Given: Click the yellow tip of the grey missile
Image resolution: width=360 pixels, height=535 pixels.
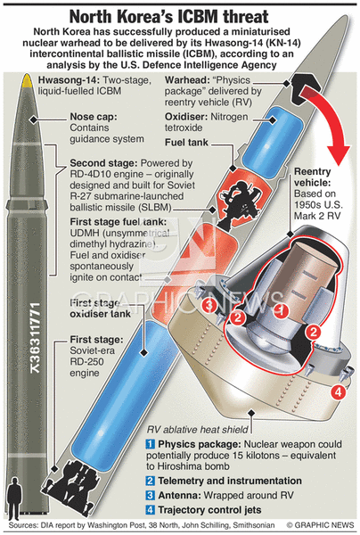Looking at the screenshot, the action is (27, 80).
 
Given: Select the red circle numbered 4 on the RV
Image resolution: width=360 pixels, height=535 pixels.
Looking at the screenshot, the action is (338, 392).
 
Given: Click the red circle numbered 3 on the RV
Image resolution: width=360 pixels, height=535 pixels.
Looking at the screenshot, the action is (209, 305).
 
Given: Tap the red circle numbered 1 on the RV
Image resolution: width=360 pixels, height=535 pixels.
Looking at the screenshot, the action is (282, 310).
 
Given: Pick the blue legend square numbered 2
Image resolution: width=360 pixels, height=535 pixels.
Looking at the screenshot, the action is (151, 481).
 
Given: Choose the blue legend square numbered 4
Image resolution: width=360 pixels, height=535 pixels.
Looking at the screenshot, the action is (151, 510).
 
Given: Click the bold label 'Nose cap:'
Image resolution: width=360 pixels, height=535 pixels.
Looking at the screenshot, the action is (94, 117).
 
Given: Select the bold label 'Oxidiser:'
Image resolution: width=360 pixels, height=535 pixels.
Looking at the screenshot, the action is (186, 117).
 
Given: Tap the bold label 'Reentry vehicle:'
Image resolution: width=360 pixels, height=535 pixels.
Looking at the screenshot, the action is (313, 177).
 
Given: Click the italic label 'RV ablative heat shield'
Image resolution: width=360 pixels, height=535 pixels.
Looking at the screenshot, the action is (198, 429).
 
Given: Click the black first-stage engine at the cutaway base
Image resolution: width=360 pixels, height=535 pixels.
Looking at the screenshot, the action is (72, 482).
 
